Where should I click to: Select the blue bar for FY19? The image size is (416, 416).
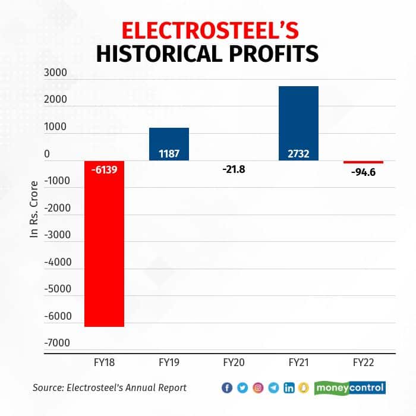169,144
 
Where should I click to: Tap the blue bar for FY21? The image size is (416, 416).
298,123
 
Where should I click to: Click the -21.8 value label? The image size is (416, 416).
234,170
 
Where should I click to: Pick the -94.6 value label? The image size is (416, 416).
363,173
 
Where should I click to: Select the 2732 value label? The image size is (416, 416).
298,154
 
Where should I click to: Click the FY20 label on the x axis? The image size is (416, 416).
234,362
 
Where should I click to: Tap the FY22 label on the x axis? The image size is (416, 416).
363,362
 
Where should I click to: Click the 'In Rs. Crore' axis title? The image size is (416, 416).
34,209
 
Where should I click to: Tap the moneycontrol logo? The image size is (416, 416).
350,387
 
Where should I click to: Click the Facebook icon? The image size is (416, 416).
227,387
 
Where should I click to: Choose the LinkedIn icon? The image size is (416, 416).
289,387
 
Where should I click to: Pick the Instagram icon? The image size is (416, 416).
258,387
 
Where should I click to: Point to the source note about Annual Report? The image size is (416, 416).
109,387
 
